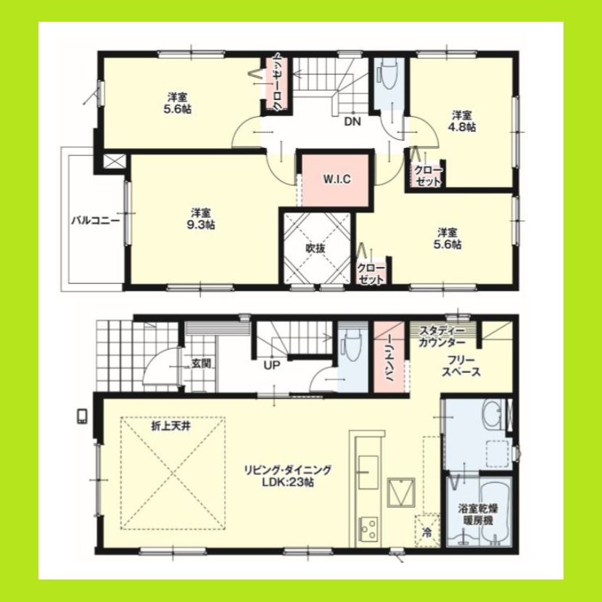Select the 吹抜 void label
pyautogui.click(x=315, y=248)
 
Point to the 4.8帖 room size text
pyautogui.click(x=463, y=127)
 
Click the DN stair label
pyautogui.click(x=352, y=122)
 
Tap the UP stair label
pyautogui.click(x=273, y=365)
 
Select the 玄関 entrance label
pyautogui.click(x=200, y=363)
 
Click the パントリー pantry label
pyautogui.click(x=389, y=359)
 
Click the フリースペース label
pyautogui.click(x=461, y=365)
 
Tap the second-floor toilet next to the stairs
pyautogui.click(x=387, y=75)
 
